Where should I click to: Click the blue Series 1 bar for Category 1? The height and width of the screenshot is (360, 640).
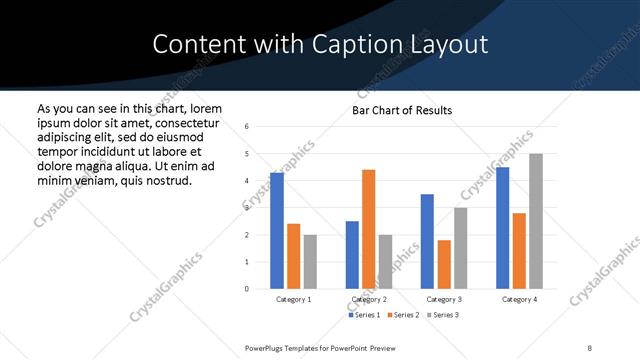277,231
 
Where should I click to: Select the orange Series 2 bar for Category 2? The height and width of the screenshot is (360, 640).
368,229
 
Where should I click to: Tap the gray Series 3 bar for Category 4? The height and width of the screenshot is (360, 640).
536,221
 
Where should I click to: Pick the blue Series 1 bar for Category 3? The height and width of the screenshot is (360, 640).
427,241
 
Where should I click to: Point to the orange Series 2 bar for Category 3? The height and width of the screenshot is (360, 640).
444,264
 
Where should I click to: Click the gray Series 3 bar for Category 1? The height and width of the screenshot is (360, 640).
310,262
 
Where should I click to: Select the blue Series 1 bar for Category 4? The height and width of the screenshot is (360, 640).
502,228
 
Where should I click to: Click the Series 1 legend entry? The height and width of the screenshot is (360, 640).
364,315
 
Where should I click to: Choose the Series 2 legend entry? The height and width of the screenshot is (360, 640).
402,315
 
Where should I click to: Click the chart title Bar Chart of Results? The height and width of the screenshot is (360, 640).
402,110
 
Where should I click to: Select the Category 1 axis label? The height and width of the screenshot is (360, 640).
293,299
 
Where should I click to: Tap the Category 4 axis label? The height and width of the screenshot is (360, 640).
519,299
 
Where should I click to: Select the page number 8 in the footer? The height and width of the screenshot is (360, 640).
589,347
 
